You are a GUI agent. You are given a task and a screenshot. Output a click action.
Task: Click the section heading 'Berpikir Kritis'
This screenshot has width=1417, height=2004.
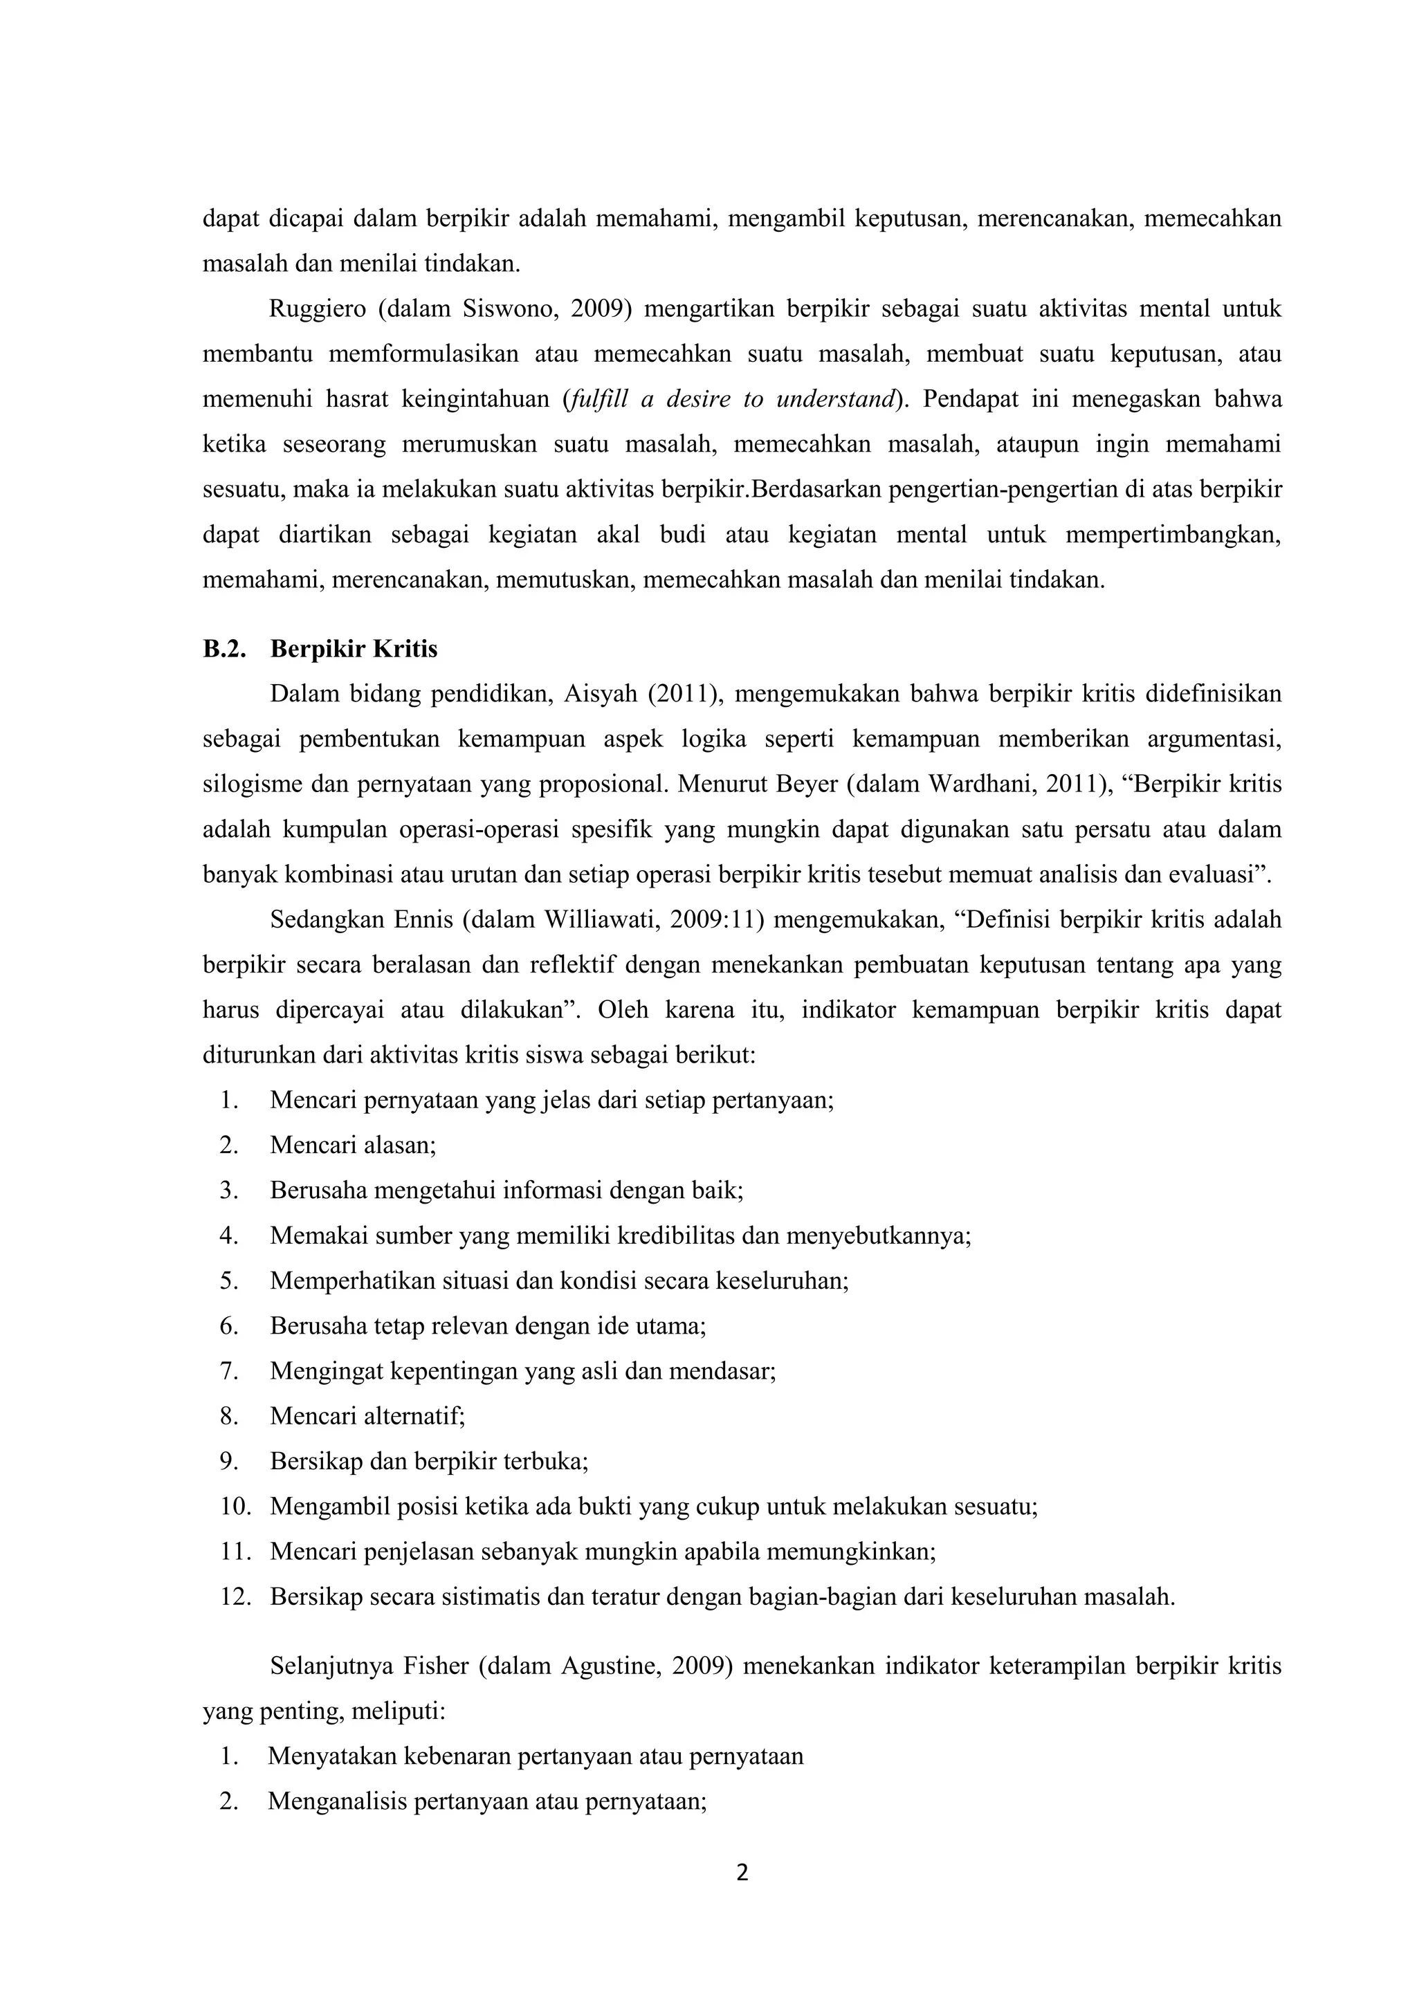point(354,650)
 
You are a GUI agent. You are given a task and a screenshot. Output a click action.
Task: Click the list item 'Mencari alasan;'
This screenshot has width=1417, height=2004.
point(353,1144)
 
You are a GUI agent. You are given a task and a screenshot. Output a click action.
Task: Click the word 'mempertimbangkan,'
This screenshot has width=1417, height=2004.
point(1173,535)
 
